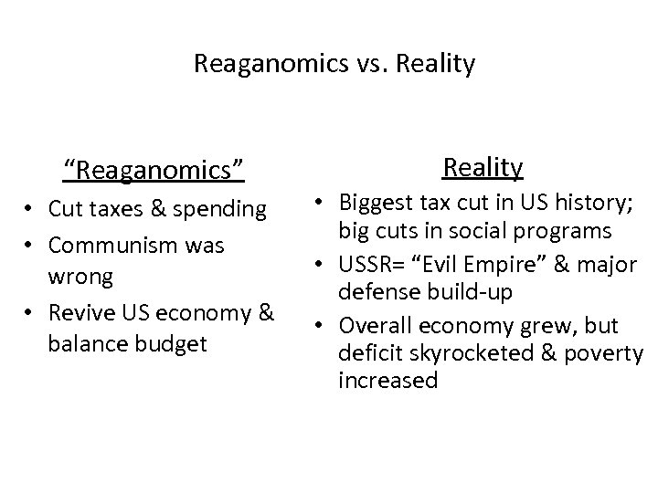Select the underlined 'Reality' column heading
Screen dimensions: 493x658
click(483, 167)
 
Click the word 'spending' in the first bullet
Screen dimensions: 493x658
click(225, 209)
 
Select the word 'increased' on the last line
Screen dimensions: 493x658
click(387, 381)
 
